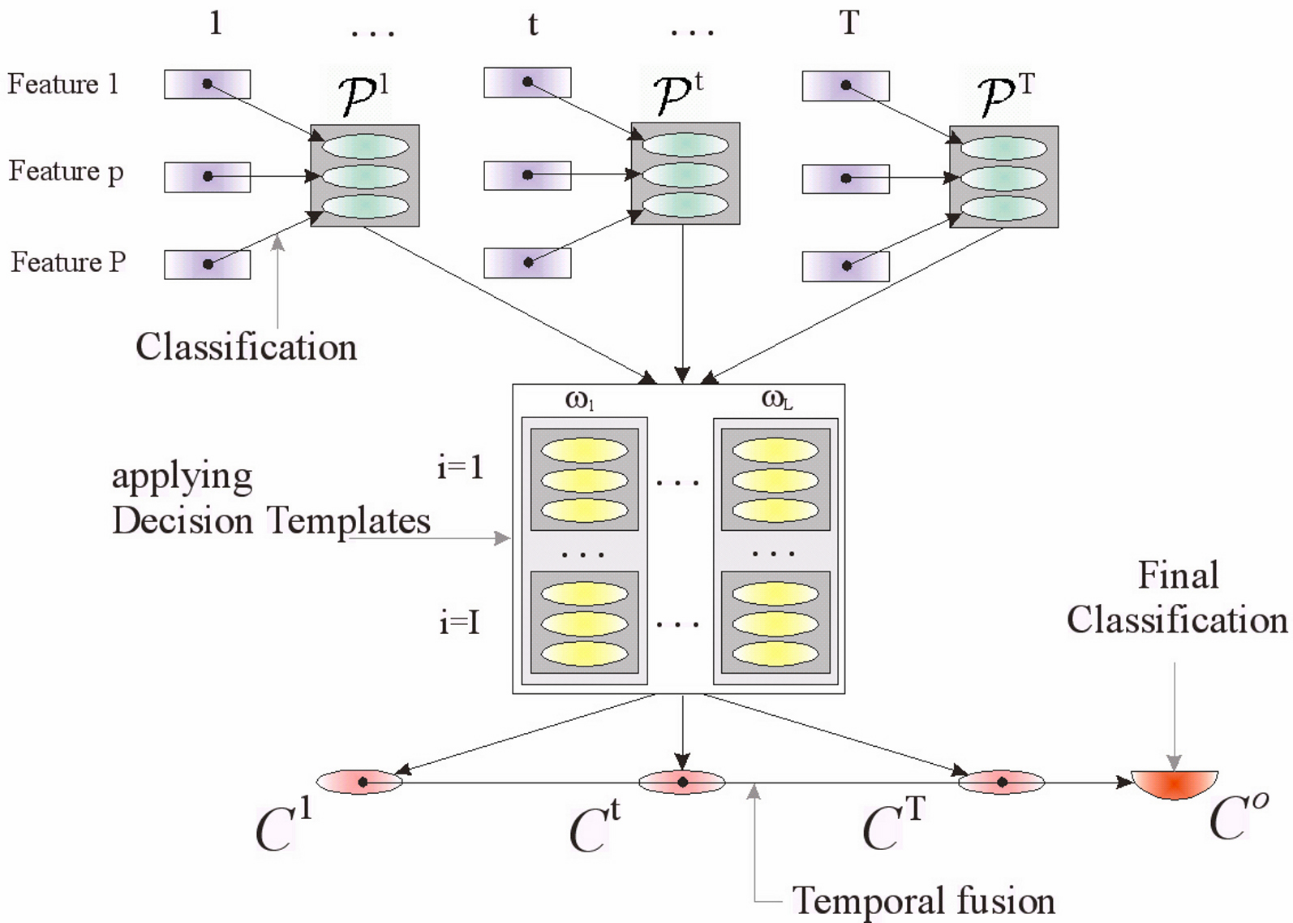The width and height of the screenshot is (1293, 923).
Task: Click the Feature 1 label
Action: (63, 84)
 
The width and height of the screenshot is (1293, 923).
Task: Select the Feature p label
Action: (67, 172)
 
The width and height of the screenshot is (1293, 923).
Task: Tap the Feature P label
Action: (68, 262)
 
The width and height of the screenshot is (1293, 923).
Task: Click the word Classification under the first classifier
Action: (246, 347)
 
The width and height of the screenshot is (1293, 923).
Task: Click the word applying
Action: (183, 477)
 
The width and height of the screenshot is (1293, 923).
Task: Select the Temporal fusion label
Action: (923, 901)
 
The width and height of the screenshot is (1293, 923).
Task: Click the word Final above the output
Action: (1178, 575)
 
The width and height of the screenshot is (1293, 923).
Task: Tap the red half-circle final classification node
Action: (1175, 783)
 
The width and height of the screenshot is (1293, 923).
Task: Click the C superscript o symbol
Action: (1238, 817)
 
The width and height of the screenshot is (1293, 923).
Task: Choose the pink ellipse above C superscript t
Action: (682, 783)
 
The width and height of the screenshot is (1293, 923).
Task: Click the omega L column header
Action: (776, 399)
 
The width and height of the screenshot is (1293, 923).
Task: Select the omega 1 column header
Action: (580, 400)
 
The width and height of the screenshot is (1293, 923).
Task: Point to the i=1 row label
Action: (460, 468)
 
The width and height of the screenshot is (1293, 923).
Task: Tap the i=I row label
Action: (459, 623)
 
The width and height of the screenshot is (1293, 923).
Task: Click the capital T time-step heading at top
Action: (849, 23)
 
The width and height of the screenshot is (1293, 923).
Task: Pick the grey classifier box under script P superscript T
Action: (1003, 177)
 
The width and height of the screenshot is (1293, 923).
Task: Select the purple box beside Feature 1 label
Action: (207, 84)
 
